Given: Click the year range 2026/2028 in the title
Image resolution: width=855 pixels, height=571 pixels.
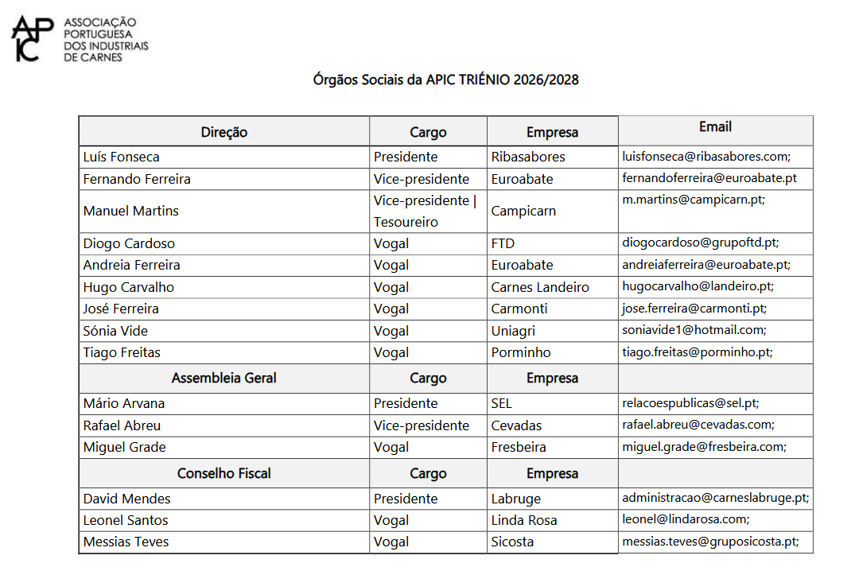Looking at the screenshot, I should coord(546,80).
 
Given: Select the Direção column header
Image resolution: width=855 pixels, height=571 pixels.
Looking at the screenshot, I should coord(223,132).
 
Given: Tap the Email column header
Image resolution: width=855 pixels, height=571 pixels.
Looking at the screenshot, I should coord(715,127).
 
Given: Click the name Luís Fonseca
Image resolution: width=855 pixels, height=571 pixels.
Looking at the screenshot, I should coord(121,157).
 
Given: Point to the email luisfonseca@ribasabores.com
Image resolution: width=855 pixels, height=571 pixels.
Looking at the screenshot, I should coord(705,157).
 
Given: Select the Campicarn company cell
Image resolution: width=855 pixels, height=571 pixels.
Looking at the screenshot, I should coord(523,212).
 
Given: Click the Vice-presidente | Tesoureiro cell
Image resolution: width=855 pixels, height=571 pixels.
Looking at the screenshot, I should coord(425,212).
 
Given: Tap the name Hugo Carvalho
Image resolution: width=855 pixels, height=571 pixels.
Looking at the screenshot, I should coord(128,287).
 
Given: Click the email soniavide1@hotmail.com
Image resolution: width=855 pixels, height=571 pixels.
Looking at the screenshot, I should coord(694,330).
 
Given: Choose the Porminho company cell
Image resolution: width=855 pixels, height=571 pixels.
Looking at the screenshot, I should coord(520,352).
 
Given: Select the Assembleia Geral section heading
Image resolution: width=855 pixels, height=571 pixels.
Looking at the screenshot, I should coord(223,378).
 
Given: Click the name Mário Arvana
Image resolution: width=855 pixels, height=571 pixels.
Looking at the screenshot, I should coord(123,403).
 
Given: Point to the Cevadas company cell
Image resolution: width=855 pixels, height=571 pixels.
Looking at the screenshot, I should coord(516,425).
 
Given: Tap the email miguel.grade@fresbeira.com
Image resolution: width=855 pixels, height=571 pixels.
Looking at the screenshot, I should coord(703,447).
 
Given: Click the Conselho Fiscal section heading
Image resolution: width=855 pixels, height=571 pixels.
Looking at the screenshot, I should coord(223,473).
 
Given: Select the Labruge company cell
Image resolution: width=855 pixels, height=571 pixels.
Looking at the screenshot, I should coord(515,499).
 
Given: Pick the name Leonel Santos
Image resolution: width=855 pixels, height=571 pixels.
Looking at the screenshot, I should coord(126,520).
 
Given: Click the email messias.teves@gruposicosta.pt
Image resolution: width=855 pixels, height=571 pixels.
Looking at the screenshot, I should coord(709,542).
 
